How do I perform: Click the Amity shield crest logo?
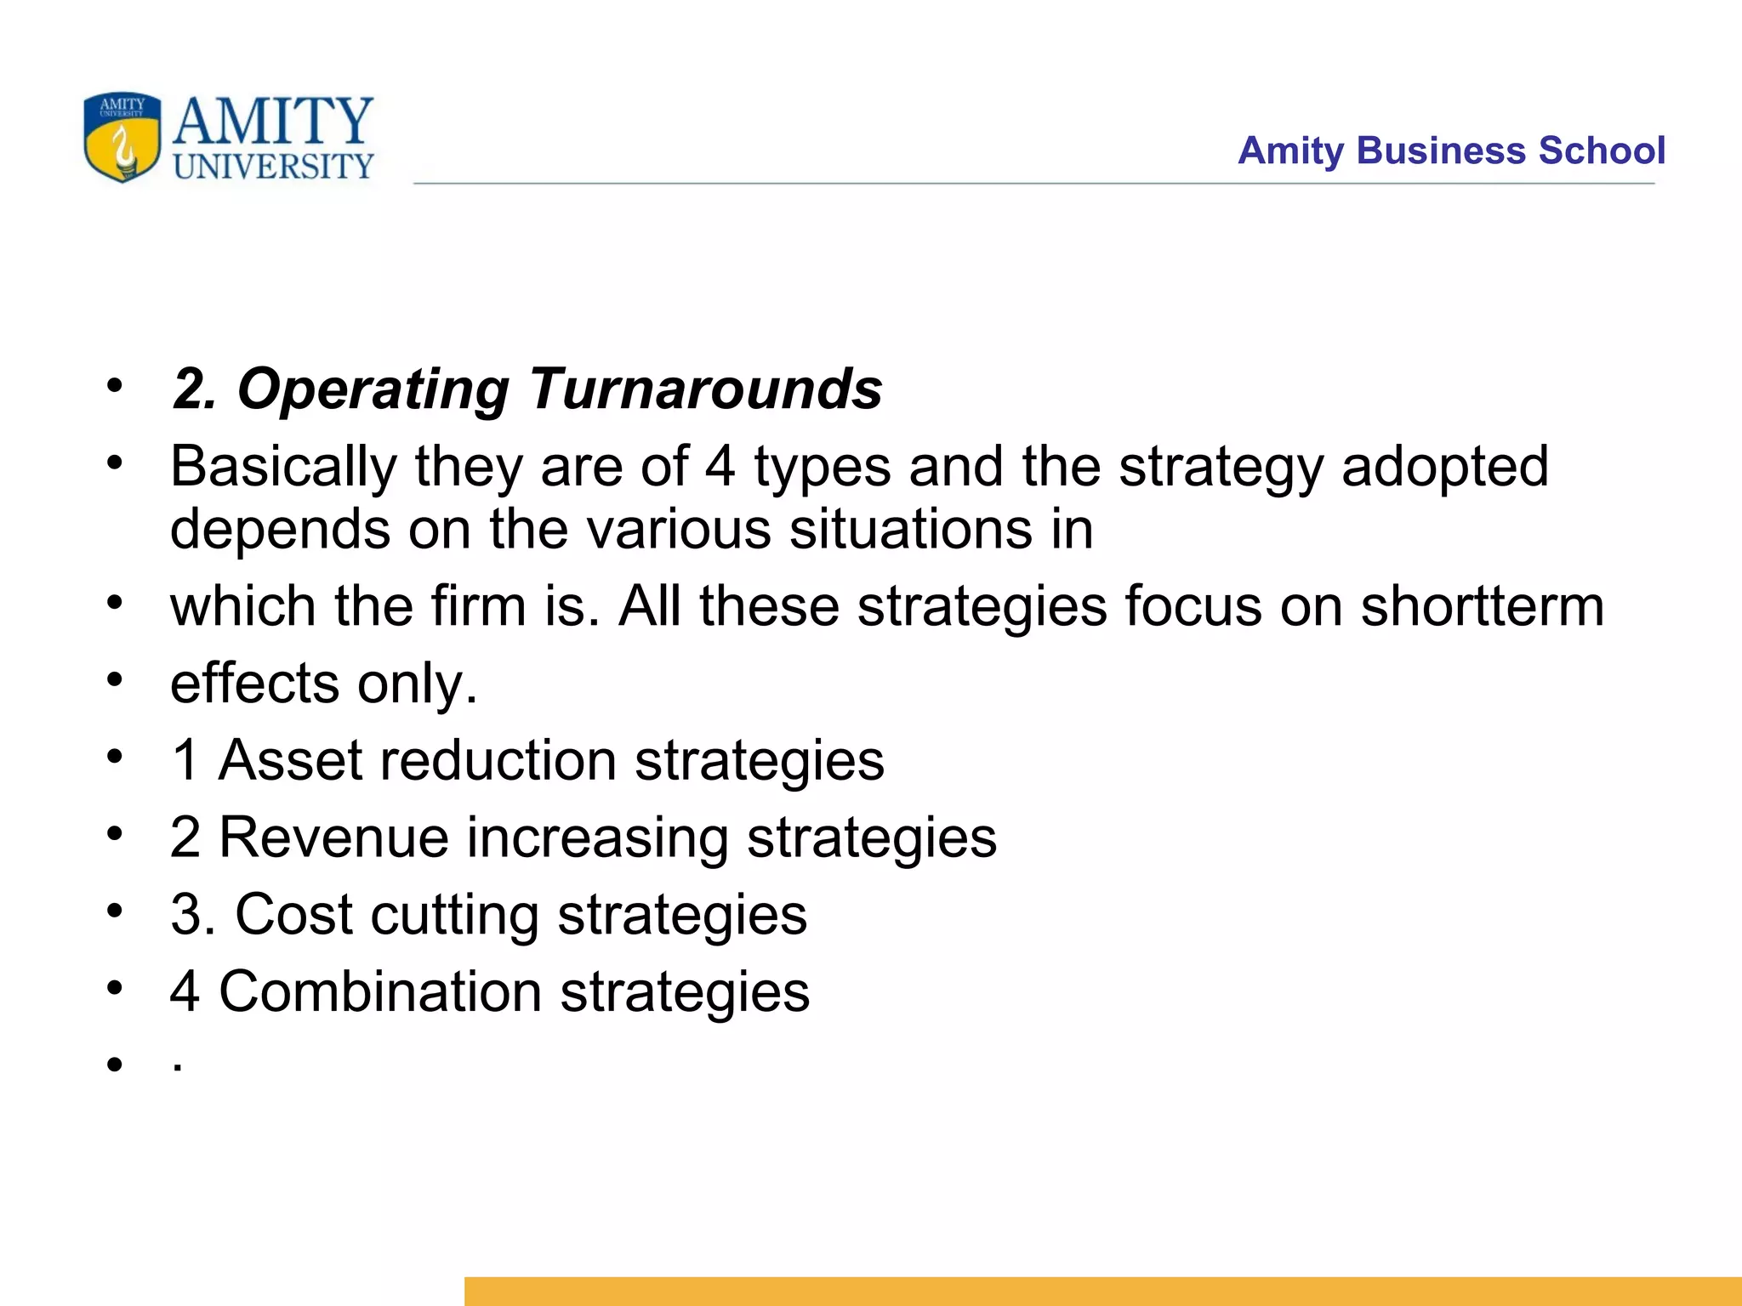click(x=122, y=137)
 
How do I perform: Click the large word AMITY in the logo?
click(x=273, y=121)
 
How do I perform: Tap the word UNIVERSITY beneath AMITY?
click(x=273, y=167)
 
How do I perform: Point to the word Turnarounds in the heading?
click(x=705, y=389)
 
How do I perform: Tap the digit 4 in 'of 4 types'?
click(x=720, y=467)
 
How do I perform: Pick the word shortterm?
click(x=1482, y=606)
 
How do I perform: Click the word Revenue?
click(x=333, y=837)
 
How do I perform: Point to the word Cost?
click(x=293, y=914)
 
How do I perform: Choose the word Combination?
click(x=380, y=991)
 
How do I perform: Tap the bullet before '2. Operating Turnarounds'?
click(x=115, y=387)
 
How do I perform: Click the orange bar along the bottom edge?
click(x=1102, y=1290)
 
